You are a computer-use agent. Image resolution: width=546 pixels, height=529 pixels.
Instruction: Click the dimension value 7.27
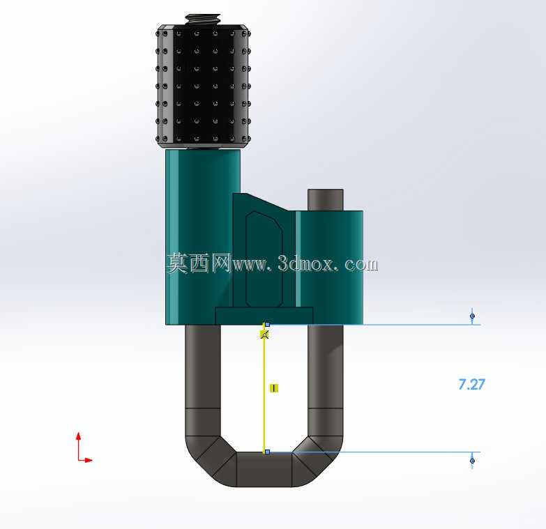click(x=471, y=384)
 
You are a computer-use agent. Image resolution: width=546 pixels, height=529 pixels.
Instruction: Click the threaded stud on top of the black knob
click(x=203, y=19)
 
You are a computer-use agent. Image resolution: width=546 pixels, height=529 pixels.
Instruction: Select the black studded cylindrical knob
click(x=203, y=86)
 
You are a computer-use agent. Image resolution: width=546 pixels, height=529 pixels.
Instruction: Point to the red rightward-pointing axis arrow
click(x=86, y=460)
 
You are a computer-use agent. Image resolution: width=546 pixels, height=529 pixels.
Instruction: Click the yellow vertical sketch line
click(x=264, y=388)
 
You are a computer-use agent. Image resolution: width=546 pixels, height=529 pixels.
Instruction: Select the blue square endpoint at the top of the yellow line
click(x=268, y=324)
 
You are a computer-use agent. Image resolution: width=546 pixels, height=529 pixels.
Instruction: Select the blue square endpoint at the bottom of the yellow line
click(x=268, y=452)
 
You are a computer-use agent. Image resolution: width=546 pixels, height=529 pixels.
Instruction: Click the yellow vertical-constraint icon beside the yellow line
click(x=274, y=388)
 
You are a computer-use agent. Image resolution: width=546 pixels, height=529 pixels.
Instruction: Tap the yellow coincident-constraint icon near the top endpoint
click(x=265, y=335)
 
